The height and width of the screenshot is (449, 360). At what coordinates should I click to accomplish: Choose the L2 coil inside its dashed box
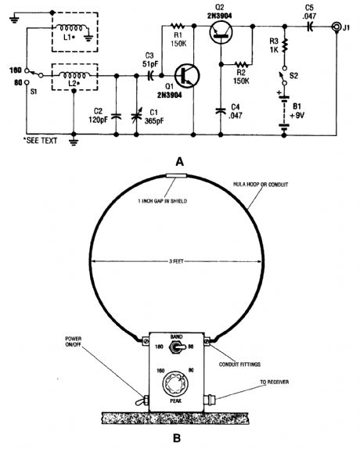pos(69,76)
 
